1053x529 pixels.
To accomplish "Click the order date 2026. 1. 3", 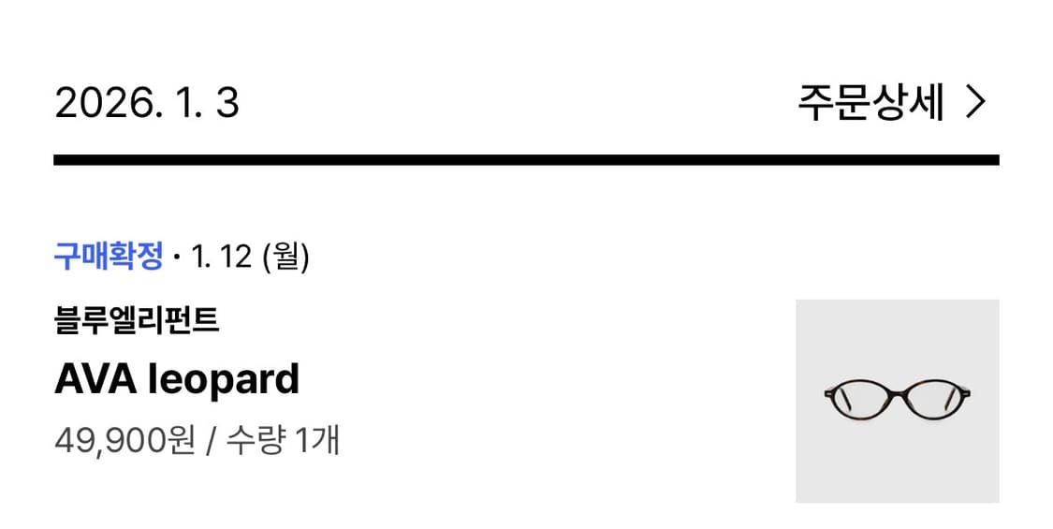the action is click(x=146, y=103).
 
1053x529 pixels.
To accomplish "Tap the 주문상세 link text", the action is click(x=871, y=103).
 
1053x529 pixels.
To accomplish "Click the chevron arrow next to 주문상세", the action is click(x=975, y=103).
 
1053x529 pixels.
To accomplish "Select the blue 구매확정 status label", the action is click(x=109, y=257).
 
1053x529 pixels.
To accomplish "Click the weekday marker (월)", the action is click(x=286, y=257).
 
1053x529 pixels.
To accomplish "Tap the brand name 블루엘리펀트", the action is click(x=137, y=320).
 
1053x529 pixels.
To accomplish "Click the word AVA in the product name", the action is click(x=96, y=380).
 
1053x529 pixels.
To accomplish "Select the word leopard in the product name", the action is click(x=223, y=381).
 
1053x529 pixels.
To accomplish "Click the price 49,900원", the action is click(x=124, y=442).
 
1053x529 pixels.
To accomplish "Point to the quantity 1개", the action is click(x=317, y=441).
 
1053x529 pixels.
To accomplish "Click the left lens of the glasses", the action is click(x=862, y=401).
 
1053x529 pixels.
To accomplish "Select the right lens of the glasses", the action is click(x=934, y=401).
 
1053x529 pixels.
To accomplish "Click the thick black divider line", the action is click(x=526, y=160).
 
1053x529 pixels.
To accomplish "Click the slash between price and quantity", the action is click(x=212, y=442).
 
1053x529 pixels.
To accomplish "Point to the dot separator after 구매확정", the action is click(x=177, y=257).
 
